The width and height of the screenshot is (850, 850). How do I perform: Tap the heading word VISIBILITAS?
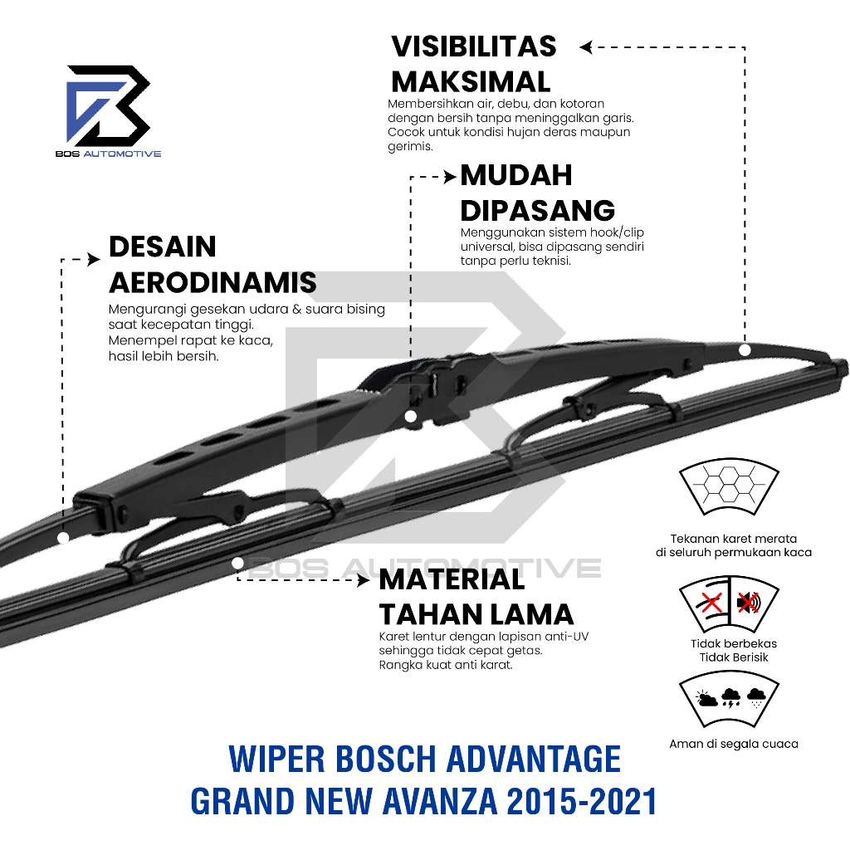tap(474, 46)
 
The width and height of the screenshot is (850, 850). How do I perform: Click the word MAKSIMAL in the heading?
tap(471, 81)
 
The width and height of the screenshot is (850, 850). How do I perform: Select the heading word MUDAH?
tap(516, 175)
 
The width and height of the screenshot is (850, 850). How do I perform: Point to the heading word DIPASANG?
tap(538, 210)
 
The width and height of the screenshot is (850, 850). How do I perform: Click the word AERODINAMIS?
tap(212, 282)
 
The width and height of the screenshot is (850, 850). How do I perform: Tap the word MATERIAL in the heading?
tap(452, 579)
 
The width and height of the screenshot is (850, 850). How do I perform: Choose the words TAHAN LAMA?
tap(476, 614)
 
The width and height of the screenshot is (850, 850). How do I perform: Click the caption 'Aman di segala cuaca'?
tap(734, 744)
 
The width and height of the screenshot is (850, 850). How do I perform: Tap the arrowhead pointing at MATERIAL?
tap(364, 581)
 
